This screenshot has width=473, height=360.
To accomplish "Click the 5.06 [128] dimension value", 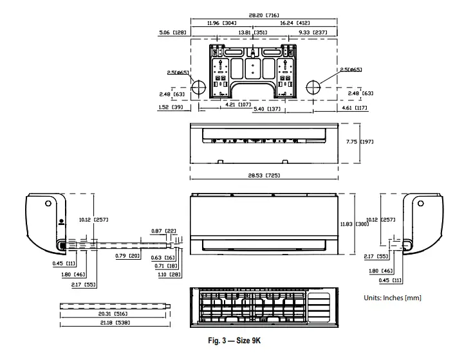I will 173,32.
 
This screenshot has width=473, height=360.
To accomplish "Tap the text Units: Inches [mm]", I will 393,298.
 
